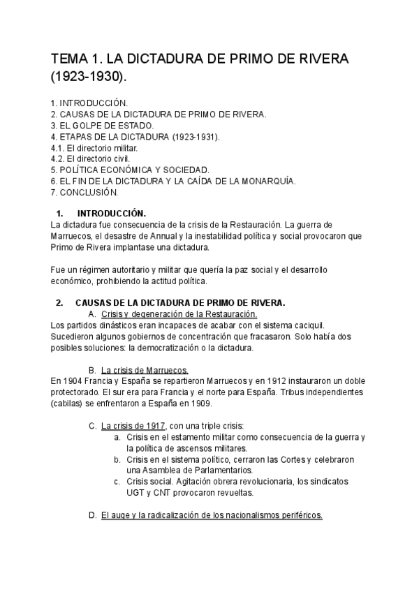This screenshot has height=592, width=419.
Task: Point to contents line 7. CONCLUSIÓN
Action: pos(84,192)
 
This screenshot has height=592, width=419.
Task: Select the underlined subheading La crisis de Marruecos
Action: pos(145,369)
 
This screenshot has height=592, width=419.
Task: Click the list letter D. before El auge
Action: pos(92,515)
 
